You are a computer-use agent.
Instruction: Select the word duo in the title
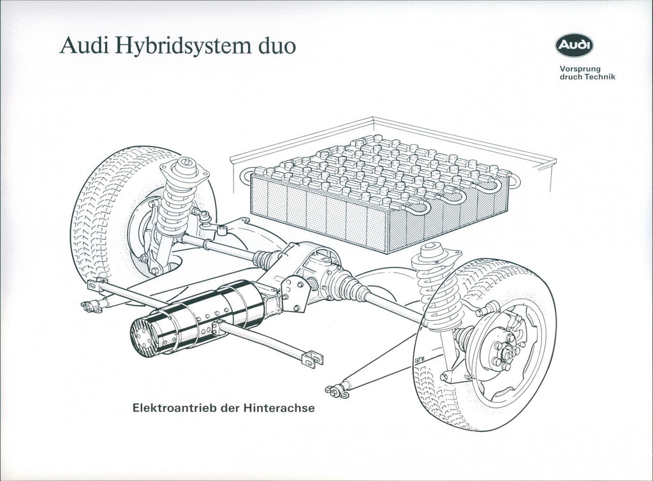coord(274,46)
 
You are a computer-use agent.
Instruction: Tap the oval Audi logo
coord(575,45)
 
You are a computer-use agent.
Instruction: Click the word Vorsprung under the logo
coord(580,69)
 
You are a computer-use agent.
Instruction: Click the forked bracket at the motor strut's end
coord(312,359)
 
